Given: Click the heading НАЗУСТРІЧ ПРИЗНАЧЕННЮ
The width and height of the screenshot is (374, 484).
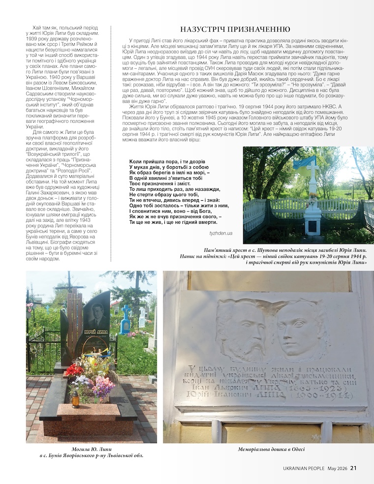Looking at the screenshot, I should [x=235, y=29].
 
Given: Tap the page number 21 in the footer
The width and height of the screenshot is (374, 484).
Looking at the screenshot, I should [x=353, y=468].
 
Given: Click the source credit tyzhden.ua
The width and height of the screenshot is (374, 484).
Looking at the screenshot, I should [x=221, y=233].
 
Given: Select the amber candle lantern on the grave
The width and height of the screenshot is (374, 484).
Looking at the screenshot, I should [x=75, y=400].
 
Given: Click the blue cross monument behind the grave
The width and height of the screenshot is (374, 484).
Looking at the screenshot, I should [x=125, y=320].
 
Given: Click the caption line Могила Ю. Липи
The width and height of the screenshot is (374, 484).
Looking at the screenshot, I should [x=92, y=449].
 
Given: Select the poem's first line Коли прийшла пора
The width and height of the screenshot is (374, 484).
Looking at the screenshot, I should [x=164, y=161].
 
